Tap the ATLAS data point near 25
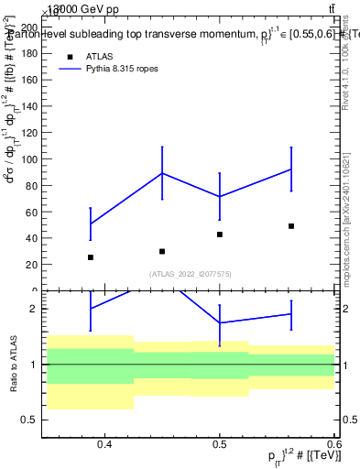coord(90,257)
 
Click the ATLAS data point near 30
coord(161,251)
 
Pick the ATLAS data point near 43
coord(220,234)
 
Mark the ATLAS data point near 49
coord(291,225)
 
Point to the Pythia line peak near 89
coord(162,173)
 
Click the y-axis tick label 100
coord(29,159)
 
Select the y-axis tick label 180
coord(29,54)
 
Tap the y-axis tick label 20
coord(32,265)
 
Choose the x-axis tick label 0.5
coord(220,445)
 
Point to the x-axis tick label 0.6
coord(332,445)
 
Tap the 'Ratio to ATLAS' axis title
coord(12,365)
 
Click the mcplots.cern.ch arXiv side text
coord(349,211)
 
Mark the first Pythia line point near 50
coord(90,224)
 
